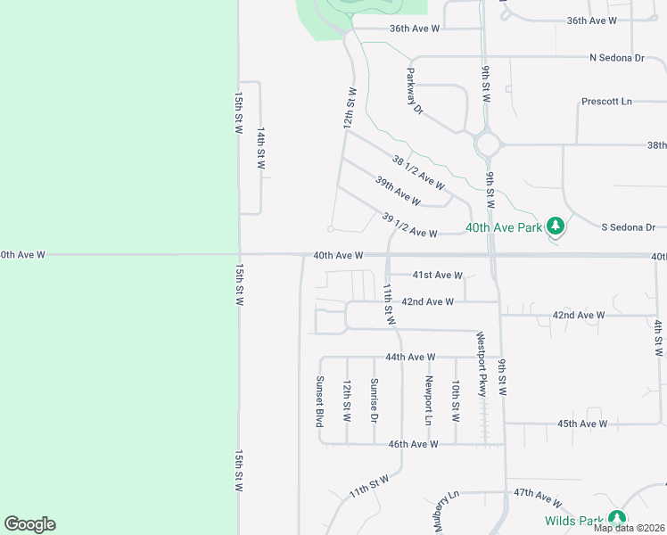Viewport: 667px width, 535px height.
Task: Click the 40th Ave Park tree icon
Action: (x=556, y=227)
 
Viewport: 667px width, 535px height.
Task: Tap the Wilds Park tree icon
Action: (x=616, y=519)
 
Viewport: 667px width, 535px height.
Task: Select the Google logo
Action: (x=29, y=524)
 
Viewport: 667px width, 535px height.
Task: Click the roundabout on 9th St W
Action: (x=488, y=144)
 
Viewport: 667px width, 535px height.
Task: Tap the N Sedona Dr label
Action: (x=616, y=58)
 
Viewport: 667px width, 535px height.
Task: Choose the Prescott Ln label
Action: (x=606, y=102)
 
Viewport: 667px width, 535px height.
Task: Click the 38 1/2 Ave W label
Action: (x=418, y=172)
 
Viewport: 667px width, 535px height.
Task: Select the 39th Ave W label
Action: (x=398, y=191)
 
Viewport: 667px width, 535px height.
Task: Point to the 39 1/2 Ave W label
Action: (x=409, y=226)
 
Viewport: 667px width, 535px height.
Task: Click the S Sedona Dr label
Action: (x=629, y=227)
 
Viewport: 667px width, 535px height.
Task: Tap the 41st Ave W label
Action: (x=437, y=276)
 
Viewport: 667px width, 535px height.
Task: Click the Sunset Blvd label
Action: (x=318, y=401)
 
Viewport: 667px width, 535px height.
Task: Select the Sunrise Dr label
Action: (x=374, y=400)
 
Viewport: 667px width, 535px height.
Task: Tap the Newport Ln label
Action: (x=428, y=400)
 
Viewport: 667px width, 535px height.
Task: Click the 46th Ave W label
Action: (x=412, y=444)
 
